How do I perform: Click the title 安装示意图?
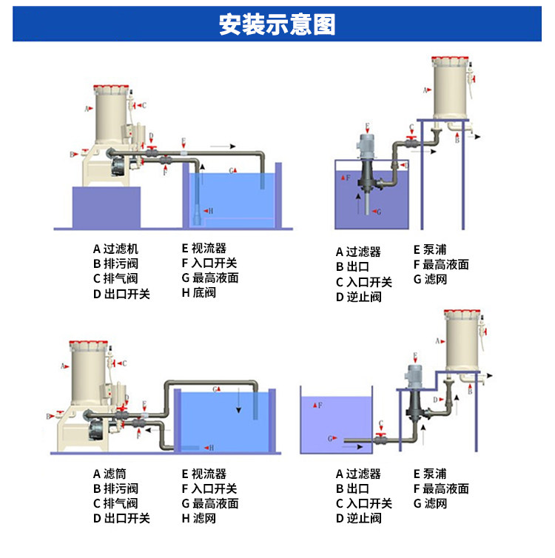pos(277,24)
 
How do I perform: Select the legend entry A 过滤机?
pos(115,249)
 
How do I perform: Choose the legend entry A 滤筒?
pos(110,474)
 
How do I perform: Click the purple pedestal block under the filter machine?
pos(107,208)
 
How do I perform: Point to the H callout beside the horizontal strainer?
pos(212,448)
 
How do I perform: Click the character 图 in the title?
pos(323,24)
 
